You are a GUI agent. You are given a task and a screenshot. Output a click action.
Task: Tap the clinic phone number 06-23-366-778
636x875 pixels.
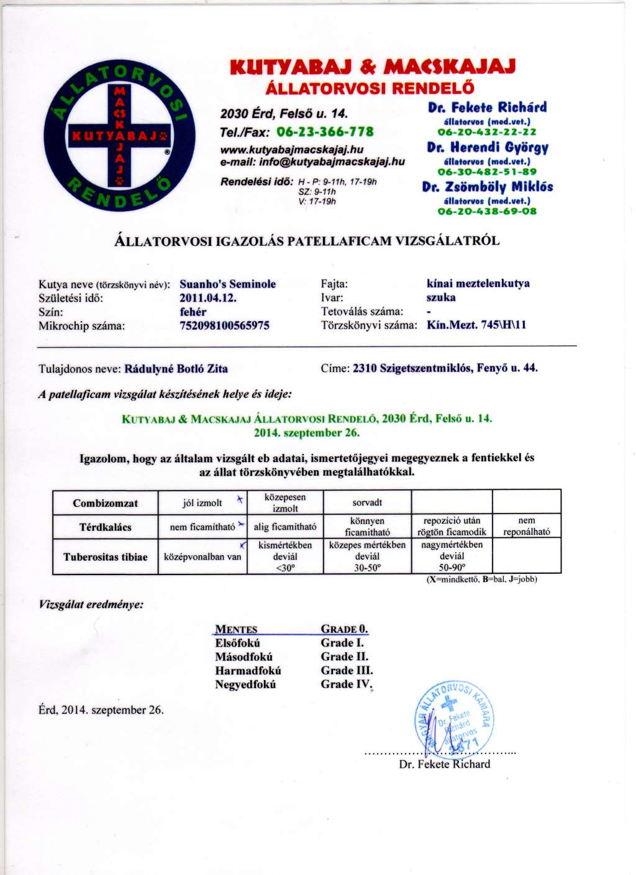pos(325,132)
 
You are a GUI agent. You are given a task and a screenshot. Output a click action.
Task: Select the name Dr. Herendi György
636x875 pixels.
pos(488,148)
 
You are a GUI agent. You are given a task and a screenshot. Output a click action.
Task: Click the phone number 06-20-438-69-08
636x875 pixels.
pos(487,211)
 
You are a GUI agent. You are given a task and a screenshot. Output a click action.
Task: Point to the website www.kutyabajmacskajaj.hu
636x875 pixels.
pos(292,150)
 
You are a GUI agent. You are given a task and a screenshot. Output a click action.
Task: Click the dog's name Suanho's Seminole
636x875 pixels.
pos(227,284)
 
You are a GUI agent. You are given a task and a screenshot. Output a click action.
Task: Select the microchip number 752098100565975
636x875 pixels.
pos(224,325)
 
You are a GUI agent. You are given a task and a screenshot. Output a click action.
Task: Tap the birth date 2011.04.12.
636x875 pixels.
pos(208,297)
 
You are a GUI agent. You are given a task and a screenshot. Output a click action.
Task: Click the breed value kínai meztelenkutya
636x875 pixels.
pos(478,284)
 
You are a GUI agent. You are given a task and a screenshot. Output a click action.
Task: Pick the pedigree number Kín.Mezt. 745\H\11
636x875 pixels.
pos(476,325)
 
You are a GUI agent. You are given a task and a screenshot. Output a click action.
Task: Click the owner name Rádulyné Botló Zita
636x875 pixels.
pos(176,368)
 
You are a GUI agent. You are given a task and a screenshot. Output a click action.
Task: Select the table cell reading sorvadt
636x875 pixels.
pos(367,502)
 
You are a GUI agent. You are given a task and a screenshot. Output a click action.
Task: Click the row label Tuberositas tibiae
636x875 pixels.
pos(106,557)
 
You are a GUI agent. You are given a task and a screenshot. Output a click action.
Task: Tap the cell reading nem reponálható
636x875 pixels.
pos(527,527)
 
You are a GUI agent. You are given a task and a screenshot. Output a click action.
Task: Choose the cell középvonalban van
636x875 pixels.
pos(202,557)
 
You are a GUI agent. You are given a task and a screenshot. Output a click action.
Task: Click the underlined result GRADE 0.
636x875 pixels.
pos(344,629)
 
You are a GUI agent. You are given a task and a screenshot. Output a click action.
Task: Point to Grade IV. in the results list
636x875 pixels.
pos(346,684)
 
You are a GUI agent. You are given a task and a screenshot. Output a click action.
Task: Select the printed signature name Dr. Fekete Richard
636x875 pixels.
pos(444,764)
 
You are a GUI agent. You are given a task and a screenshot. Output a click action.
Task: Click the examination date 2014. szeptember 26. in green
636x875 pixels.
pos(307,433)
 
